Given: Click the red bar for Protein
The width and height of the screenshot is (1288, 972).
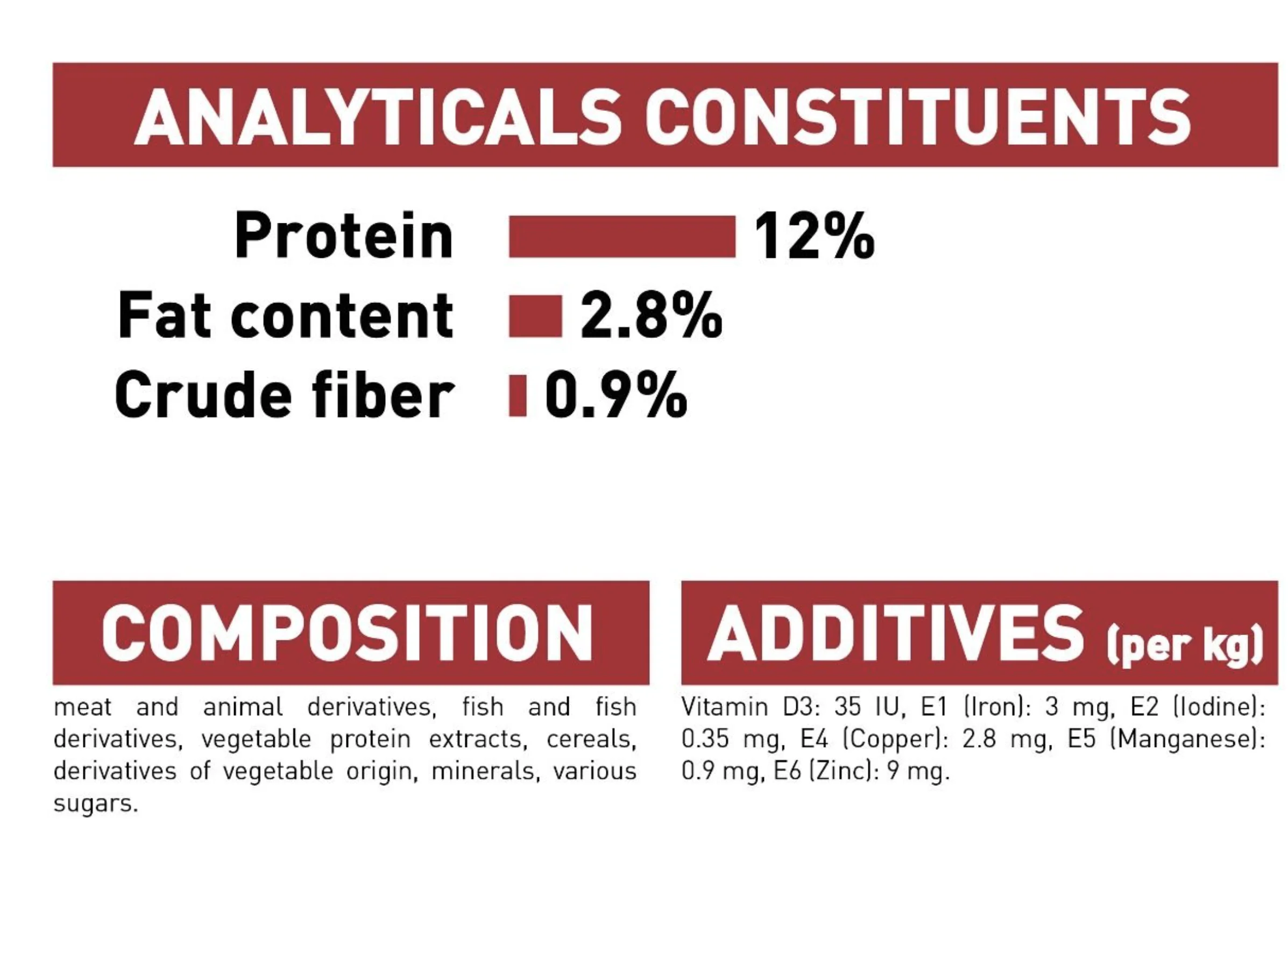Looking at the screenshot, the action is tap(622, 236).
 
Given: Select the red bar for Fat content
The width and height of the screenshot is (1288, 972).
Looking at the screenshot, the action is tap(536, 316).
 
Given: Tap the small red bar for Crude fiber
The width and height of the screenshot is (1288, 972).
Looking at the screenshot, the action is tap(518, 396).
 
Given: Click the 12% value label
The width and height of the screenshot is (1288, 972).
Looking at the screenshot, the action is tap(814, 236).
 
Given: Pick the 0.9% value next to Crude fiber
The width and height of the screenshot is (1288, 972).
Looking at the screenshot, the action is tap(616, 395).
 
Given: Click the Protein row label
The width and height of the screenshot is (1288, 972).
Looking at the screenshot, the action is tap(344, 235).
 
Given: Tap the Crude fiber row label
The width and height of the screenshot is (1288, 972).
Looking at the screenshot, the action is tap(284, 395).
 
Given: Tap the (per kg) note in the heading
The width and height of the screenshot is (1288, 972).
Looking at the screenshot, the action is tap(1184, 645).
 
